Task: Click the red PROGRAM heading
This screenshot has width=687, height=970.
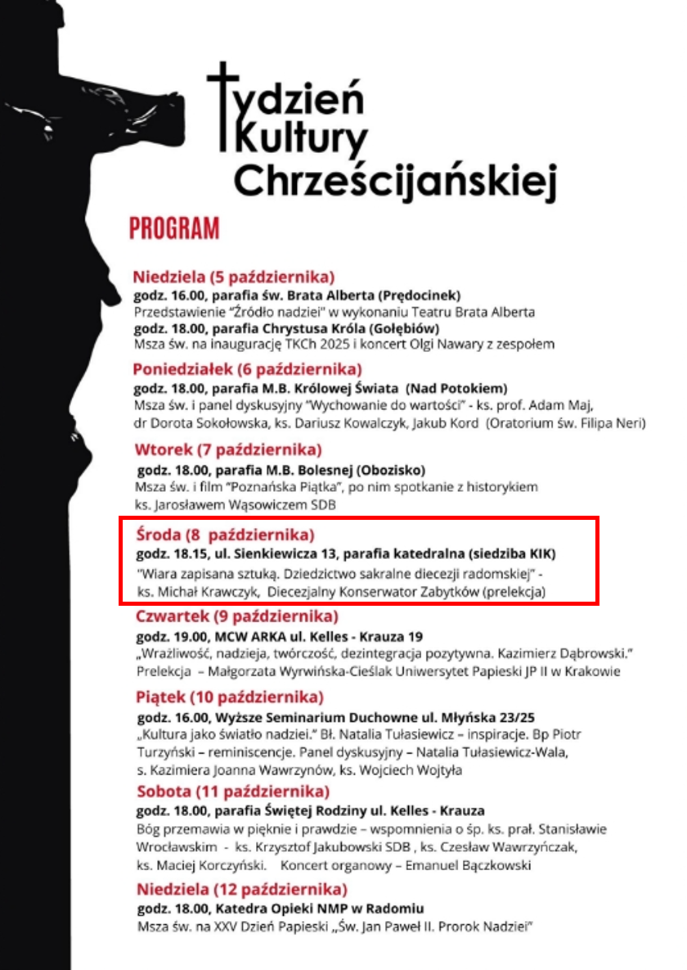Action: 174,228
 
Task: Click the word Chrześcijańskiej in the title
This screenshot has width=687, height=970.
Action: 395,178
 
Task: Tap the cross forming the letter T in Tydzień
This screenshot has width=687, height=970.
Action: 222,106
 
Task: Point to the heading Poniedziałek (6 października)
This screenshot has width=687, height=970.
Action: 248,368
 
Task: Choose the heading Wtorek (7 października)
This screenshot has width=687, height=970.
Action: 217,449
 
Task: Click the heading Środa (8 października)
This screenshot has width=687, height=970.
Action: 225,535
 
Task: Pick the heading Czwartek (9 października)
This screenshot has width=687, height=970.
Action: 236,616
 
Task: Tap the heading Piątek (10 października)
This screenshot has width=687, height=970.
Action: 230,697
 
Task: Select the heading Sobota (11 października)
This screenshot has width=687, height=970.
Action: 233,792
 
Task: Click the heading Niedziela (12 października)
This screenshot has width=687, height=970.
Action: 241,889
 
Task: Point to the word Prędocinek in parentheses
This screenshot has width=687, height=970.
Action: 423,295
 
